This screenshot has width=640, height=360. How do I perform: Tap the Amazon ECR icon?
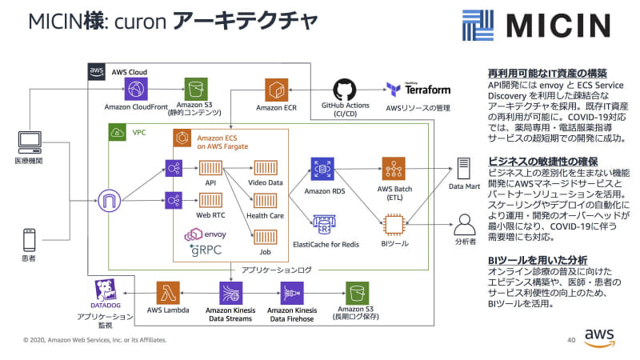click(x=277, y=90)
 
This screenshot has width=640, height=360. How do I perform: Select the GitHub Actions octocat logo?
click(x=344, y=90)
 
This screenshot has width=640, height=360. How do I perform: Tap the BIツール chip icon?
click(x=394, y=225)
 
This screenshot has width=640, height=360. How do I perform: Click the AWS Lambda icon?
click(x=170, y=292)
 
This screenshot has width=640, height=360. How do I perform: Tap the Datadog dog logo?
click(x=106, y=291)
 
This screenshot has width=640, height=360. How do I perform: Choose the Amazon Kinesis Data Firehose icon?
click(x=291, y=292)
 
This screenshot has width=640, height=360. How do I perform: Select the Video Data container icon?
click(x=265, y=169)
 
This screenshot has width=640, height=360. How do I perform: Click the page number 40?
click(x=571, y=340)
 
